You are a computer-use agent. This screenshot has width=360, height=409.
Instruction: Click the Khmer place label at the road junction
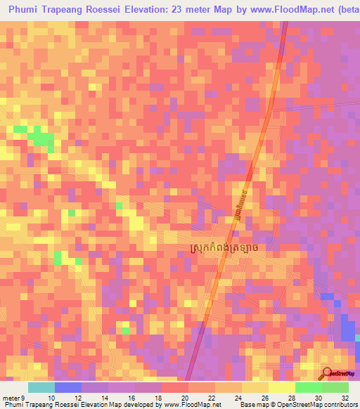click(x=228, y=248)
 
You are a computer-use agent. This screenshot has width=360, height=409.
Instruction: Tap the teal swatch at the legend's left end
click(x=41, y=387)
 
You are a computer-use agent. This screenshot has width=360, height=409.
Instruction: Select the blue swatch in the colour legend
click(x=67, y=387)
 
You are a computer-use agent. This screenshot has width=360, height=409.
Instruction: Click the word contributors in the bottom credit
click(x=337, y=405)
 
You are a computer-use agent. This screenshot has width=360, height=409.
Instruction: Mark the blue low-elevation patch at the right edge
click(x=349, y=330)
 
